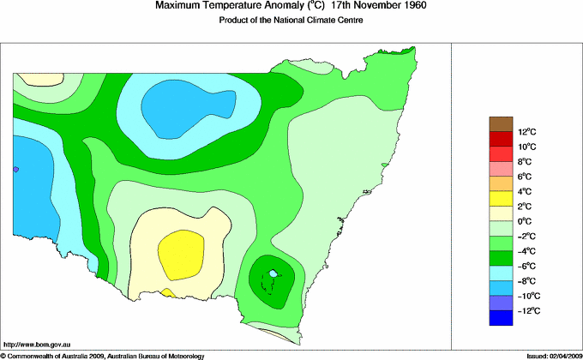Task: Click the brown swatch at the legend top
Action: click(x=501, y=123)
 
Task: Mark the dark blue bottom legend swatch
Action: click(x=501, y=319)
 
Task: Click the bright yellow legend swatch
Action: click(x=501, y=199)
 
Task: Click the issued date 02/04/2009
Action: click(x=563, y=355)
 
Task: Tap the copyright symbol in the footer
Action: click(x=3, y=355)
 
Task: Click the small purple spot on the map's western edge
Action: click(x=15, y=170)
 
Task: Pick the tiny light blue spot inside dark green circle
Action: click(x=273, y=273)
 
